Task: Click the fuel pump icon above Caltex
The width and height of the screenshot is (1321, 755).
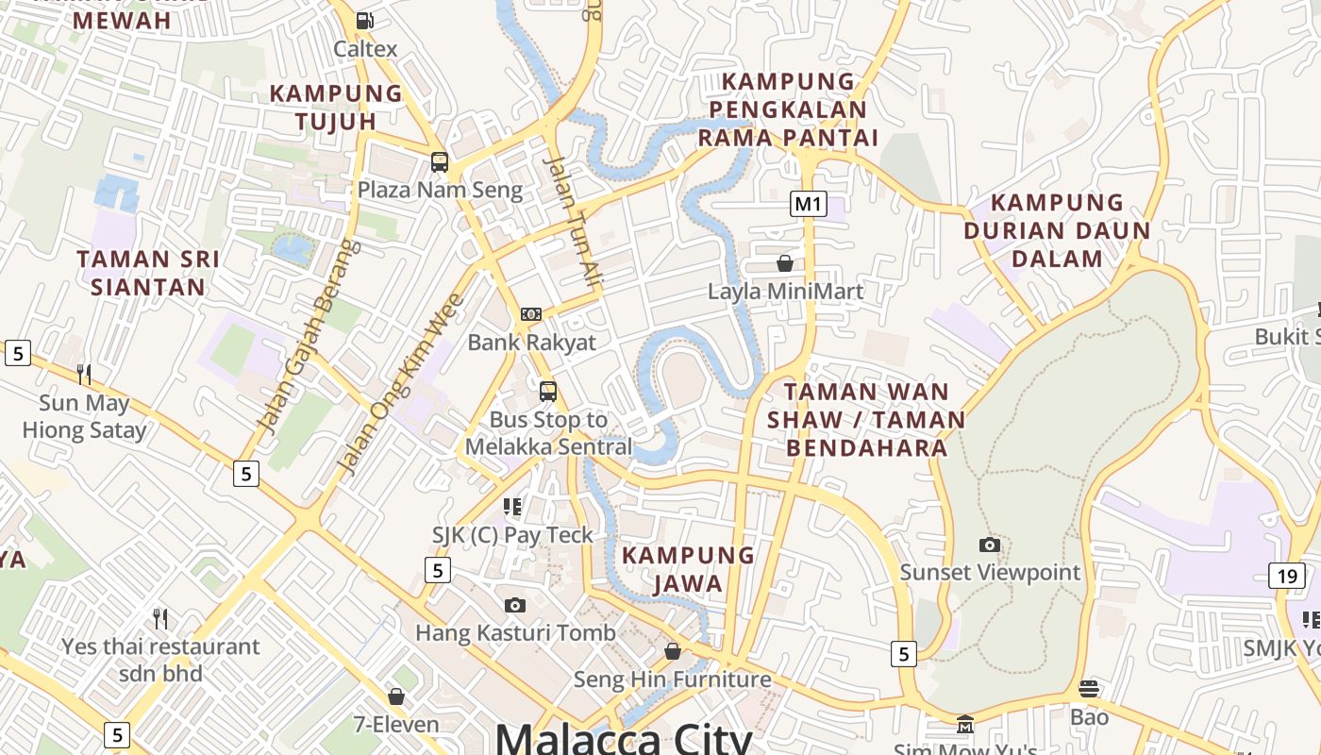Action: (x=364, y=20)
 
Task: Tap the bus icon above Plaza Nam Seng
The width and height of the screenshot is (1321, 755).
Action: (x=440, y=161)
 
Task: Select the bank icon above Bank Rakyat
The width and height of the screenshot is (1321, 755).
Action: (x=531, y=313)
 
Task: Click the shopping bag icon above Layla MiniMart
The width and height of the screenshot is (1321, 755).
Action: (x=784, y=262)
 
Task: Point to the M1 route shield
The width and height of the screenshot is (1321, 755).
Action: (x=809, y=203)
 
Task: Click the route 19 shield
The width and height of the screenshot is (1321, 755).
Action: (x=1288, y=576)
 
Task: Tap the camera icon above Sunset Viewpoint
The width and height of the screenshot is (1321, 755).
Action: (x=989, y=545)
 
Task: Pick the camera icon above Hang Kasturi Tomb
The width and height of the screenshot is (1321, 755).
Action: (x=514, y=605)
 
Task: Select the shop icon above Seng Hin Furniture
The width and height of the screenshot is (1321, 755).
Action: (x=673, y=651)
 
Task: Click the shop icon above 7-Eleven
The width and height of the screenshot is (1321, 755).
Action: (x=396, y=696)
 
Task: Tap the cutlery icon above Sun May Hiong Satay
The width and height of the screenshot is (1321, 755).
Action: (x=84, y=375)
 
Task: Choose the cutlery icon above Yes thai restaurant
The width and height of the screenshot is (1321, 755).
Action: (x=160, y=619)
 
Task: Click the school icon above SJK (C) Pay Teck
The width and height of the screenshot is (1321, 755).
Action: (x=512, y=507)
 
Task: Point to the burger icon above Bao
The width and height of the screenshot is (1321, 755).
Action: (x=1089, y=689)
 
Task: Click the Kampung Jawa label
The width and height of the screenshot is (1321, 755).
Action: (x=688, y=569)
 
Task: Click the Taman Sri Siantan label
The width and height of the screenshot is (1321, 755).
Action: (x=148, y=273)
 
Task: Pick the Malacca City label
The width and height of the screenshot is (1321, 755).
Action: (x=623, y=736)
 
